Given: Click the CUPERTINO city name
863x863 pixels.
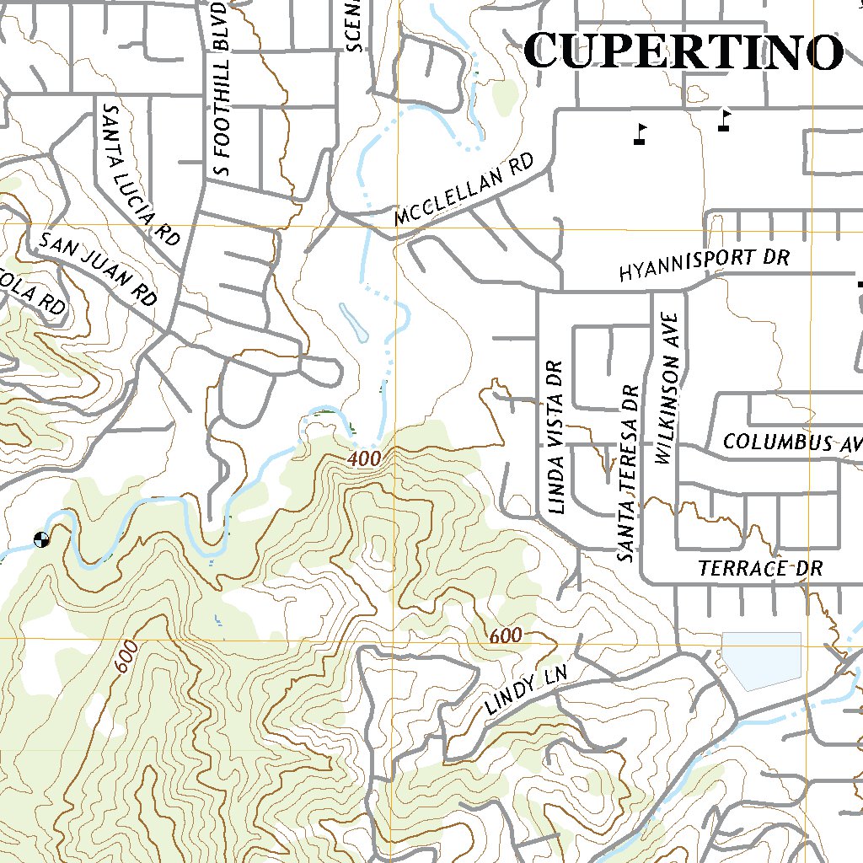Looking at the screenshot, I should (683, 52).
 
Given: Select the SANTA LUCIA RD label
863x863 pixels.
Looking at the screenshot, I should (141, 174).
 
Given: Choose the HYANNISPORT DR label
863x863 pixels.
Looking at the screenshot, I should (704, 265).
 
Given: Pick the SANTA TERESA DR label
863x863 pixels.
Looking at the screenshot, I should (628, 474).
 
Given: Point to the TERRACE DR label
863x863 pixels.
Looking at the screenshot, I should (759, 569).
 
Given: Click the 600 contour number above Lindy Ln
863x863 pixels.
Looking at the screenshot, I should (505, 636).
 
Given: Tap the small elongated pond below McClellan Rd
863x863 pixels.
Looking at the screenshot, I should (353, 322).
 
